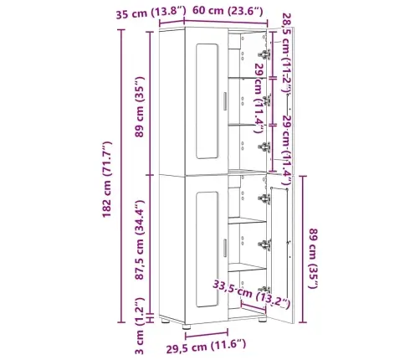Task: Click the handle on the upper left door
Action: tap(226, 101)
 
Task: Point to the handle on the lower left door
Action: tap(226, 248)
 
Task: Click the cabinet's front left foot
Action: tap(167, 320)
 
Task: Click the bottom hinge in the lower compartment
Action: tap(266, 244)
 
